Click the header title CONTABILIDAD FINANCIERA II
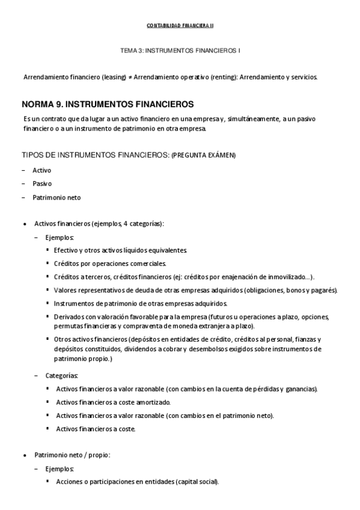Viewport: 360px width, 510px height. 180,26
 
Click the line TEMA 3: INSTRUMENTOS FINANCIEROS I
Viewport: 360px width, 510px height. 180,52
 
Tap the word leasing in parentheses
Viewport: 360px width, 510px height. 102,78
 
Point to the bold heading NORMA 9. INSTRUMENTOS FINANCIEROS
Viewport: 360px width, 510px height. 107,104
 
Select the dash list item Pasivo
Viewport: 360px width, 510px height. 41,183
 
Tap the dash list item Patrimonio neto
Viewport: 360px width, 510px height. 56,197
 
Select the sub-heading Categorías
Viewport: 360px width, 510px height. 61,375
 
